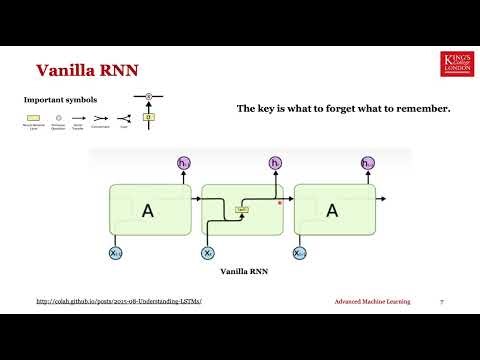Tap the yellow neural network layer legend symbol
34,117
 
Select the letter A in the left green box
148,211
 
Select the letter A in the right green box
332,211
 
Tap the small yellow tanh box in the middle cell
242,210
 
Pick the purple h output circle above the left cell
184,163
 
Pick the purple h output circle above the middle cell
276,163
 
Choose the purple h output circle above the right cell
367,163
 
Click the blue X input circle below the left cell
116,254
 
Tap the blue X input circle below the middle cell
208,254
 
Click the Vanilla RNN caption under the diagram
240,271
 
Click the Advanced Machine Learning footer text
371,300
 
